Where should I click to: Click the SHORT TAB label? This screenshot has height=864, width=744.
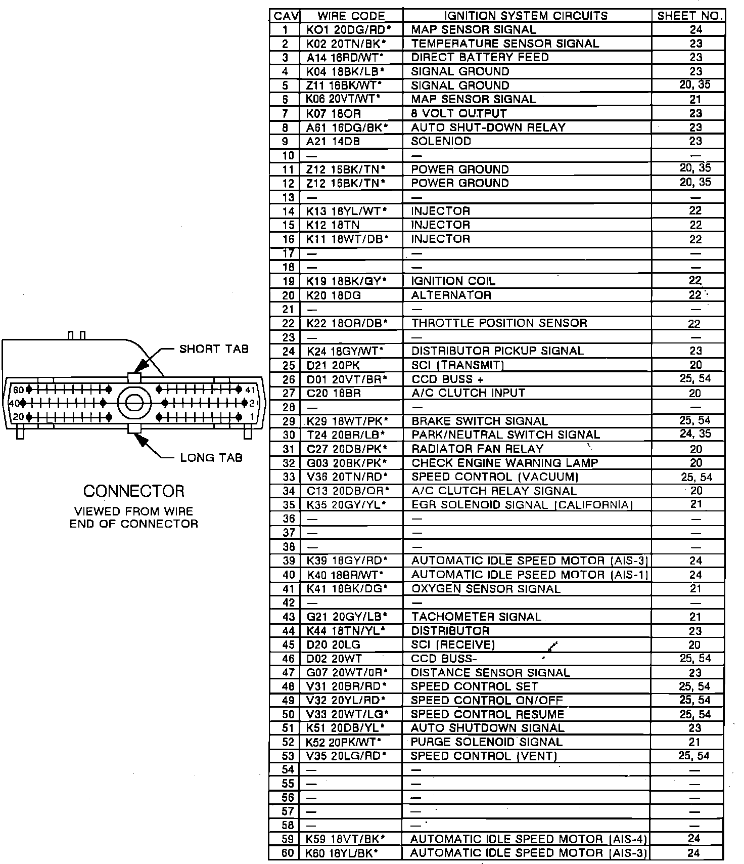(214, 349)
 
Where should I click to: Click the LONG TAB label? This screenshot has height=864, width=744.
(211, 458)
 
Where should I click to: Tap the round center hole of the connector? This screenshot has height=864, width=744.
(134, 403)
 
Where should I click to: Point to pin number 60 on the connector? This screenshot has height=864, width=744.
(19, 390)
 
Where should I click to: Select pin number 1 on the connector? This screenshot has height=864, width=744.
(252, 417)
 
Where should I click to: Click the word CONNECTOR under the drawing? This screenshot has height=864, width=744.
(134, 491)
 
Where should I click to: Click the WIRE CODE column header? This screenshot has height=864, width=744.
(351, 16)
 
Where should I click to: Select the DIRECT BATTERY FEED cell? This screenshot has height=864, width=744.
(480, 57)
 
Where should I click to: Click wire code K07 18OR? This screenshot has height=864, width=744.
(334, 113)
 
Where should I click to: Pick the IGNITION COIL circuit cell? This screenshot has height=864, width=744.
(453, 281)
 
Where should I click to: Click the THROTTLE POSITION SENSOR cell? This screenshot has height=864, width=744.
(499, 323)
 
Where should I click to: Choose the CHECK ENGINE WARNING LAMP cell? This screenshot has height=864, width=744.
(504, 463)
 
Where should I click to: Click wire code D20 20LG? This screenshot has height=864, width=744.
(334, 645)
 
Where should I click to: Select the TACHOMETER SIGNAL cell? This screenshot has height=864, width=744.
(476, 617)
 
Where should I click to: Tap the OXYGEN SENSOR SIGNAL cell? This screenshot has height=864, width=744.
(486, 589)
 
